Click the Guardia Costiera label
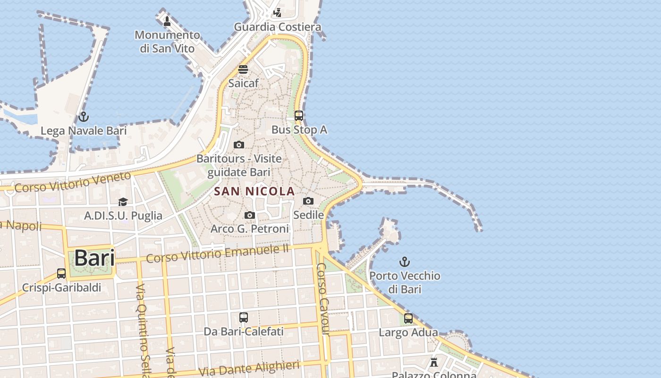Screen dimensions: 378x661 [278, 27]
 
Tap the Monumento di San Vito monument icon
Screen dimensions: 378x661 [167, 21]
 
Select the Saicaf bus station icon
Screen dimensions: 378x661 [243, 69]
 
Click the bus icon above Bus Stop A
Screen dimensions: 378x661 [298, 115]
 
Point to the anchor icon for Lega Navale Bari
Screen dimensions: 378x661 [84, 116]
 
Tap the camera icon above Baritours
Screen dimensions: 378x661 [239, 145]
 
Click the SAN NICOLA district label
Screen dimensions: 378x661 [254, 191]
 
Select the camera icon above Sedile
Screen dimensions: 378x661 [308, 201]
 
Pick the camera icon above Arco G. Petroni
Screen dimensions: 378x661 [250, 215]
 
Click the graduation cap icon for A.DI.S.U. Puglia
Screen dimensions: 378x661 [123, 202]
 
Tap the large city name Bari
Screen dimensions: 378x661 [94, 258]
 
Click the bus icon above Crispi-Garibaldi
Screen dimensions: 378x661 [61, 273]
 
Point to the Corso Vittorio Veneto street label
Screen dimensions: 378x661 [73, 182]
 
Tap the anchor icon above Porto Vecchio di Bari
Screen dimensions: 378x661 [405, 261]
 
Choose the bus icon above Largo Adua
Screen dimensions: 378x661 [408, 318]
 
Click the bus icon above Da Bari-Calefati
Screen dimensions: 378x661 [244, 318]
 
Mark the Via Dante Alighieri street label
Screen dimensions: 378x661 [249, 369]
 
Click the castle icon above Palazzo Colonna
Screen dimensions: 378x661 [434, 362]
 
